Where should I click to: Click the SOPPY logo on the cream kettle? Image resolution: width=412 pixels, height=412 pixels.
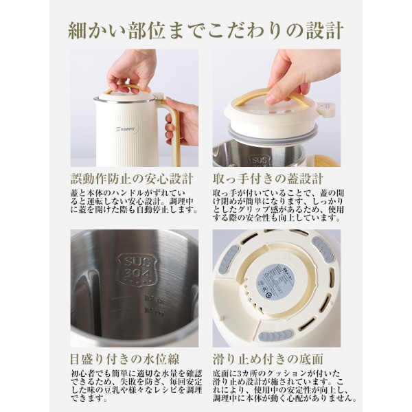coord(127,128)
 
